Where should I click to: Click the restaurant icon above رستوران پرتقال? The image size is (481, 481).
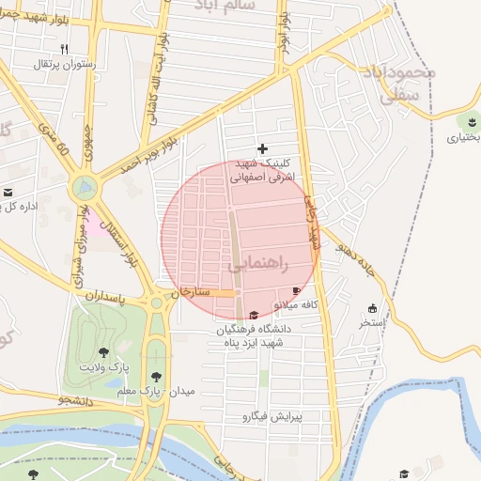click(64, 49)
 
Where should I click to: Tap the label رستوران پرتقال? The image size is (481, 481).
click(64, 64)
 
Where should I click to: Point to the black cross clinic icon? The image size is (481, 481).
click(262, 147)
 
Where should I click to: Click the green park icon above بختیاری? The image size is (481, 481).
click(467, 121)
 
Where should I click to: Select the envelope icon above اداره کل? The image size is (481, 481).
click(9, 193)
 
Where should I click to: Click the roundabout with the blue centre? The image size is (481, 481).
click(85, 187)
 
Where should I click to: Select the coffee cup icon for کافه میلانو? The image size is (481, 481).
click(298, 291)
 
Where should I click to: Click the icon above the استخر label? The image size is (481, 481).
click(372, 308)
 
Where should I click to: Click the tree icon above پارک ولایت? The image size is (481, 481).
click(102, 353)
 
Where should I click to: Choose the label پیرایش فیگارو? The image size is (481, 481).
click(272, 415)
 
